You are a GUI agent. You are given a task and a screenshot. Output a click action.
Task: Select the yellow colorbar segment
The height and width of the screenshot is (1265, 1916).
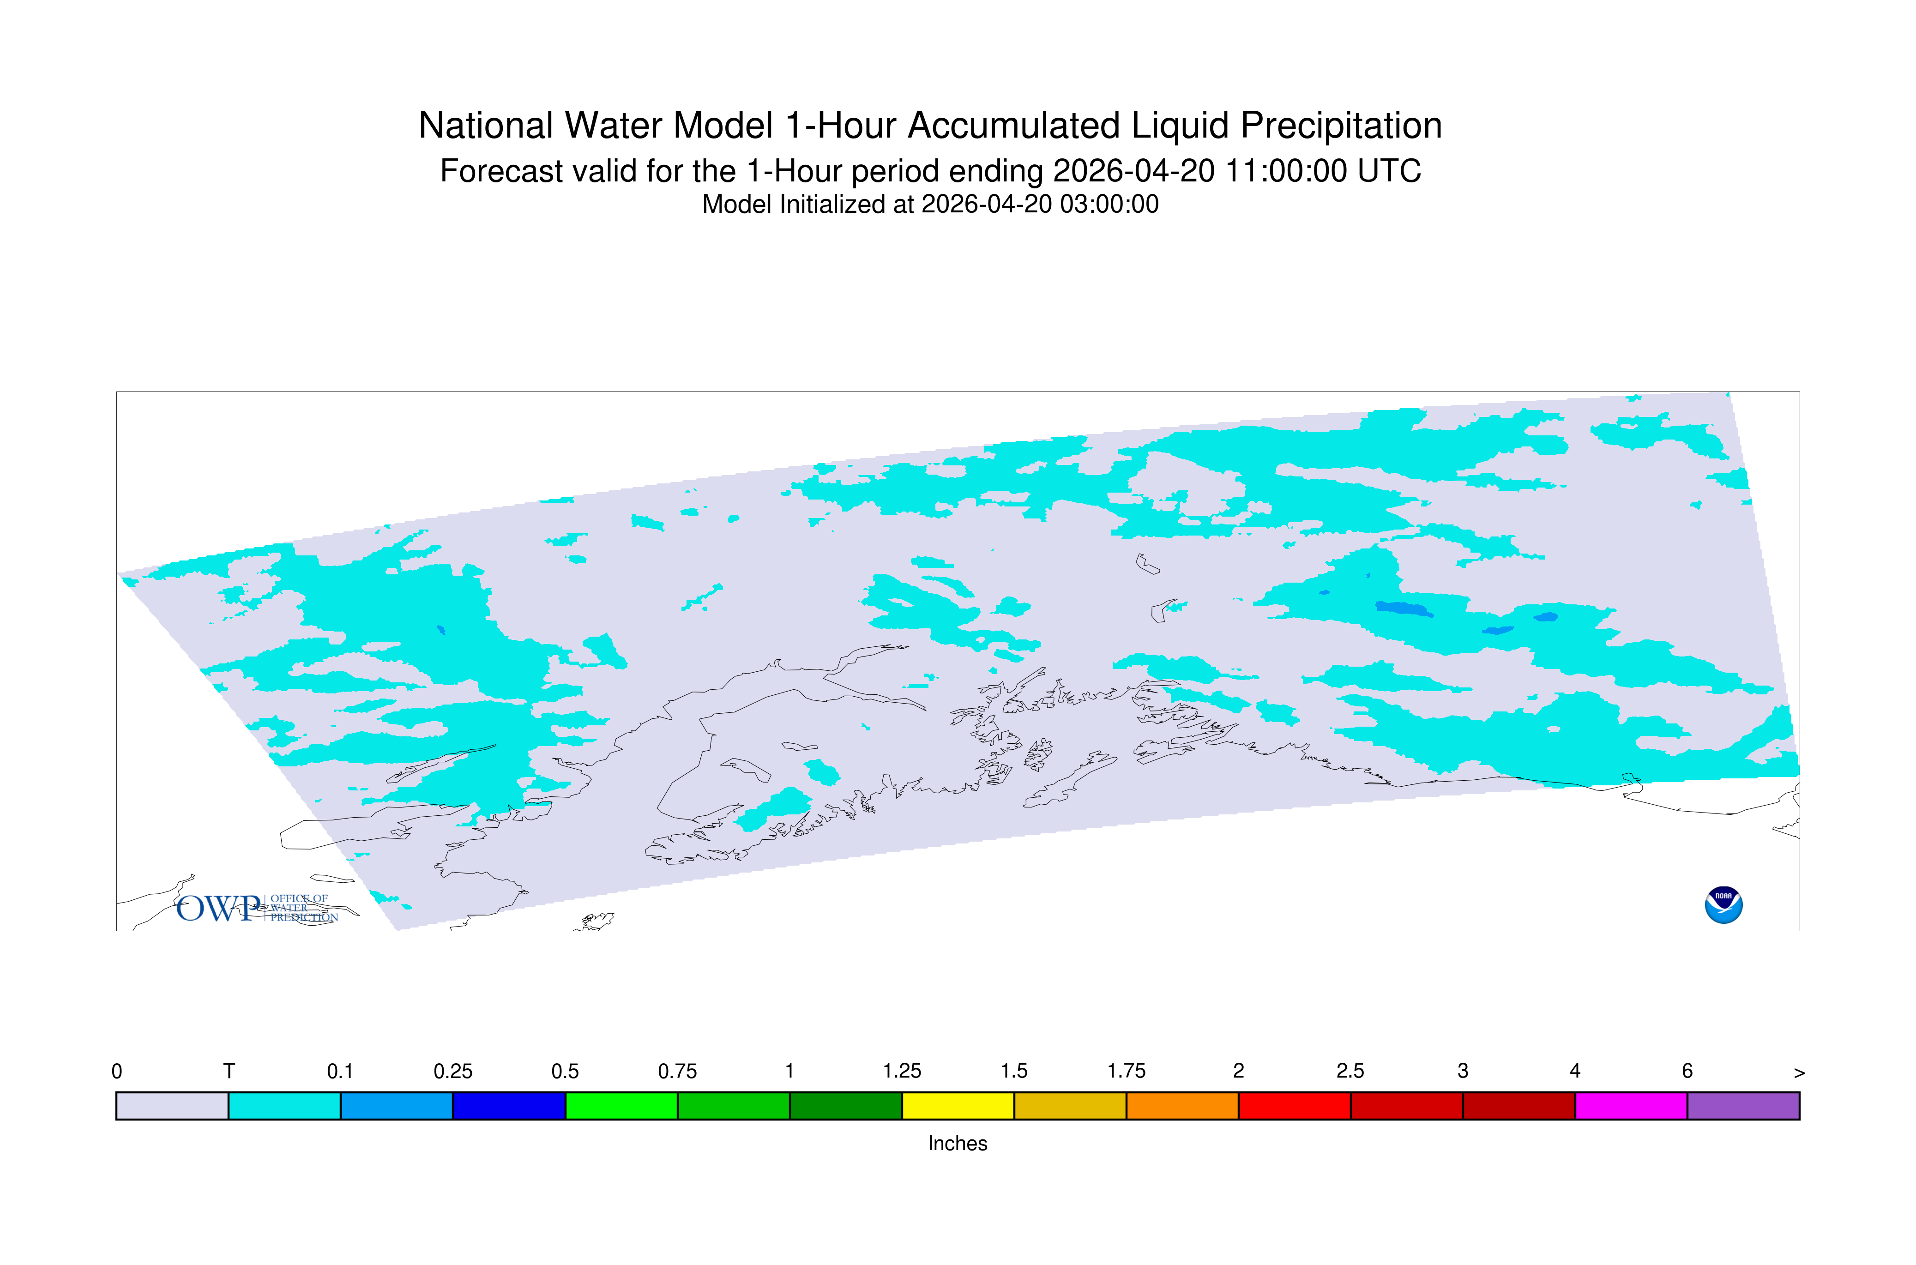pyautogui.click(x=958, y=1106)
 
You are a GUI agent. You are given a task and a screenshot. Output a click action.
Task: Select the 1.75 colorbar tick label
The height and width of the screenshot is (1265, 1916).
pyautogui.click(x=1126, y=1072)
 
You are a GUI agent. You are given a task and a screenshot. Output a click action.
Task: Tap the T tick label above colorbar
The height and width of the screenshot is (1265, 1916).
pyautogui.click(x=229, y=1072)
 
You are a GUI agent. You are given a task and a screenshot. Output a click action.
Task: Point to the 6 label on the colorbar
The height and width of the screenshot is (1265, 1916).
pyautogui.click(x=1687, y=1072)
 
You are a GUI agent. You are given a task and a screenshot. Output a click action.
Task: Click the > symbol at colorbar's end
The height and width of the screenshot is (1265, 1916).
pyautogui.click(x=1799, y=1073)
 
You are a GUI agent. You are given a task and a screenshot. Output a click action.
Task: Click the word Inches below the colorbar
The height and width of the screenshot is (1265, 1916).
pyautogui.click(x=958, y=1143)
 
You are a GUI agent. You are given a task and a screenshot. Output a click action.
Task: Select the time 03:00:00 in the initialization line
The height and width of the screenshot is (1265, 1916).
pyautogui.click(x=1109, y=204)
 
